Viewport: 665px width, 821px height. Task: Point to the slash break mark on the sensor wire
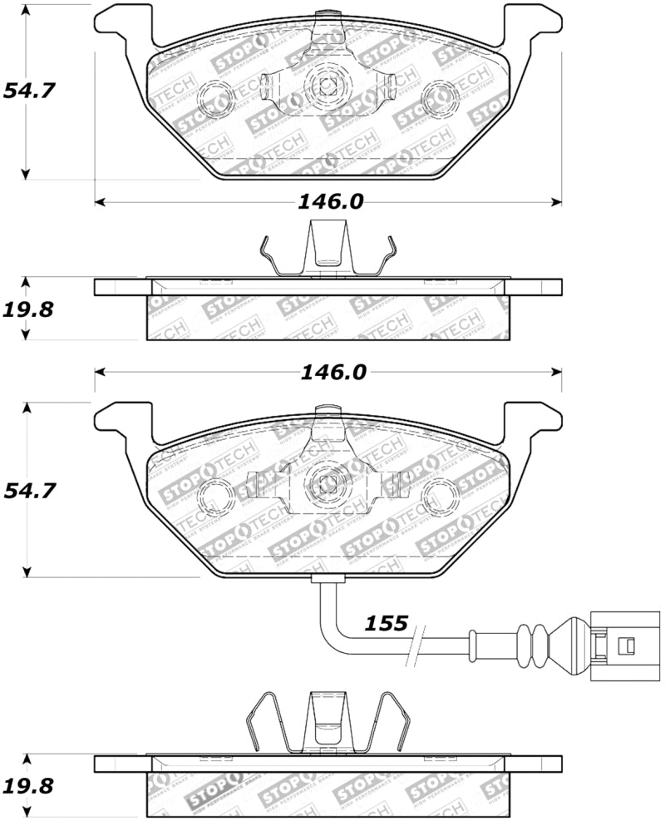pyautogui.click(x=415, y=644)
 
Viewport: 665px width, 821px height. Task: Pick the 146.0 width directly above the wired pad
pyautogui.click(x=332, y=372)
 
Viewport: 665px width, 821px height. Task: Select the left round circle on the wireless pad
pyautogui.click(x=215, y=96)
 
